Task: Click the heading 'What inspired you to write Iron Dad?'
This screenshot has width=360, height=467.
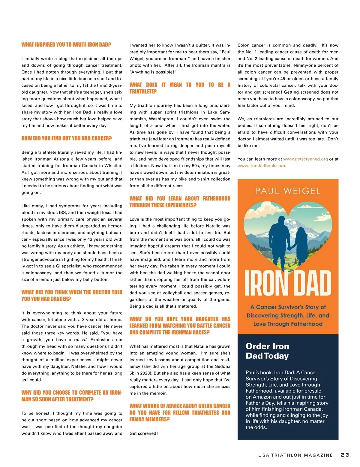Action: tap(66, 45)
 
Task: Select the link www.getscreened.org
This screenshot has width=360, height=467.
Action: tap(305, 159)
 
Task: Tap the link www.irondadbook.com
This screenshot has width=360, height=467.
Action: tap(261, 166)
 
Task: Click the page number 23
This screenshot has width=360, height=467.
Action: tap(345, 455)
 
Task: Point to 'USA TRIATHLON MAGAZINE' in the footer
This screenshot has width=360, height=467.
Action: tap(295, 455)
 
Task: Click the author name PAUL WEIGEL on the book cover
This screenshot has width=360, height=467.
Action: tap(288, 191)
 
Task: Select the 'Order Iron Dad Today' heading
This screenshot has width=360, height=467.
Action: tap(267, 351)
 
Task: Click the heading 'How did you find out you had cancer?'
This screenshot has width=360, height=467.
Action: tap(66, 138)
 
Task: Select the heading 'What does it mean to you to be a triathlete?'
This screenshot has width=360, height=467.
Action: tap(180, 88)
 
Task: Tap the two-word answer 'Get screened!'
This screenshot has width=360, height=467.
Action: tap(144, 433)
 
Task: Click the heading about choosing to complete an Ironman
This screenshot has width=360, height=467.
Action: tap(72, 396)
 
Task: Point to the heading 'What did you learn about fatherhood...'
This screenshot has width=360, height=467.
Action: tap(180, 202)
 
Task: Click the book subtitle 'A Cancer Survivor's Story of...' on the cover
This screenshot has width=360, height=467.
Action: tap(288, 315)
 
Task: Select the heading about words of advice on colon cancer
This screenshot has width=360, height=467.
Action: tap(180, 412)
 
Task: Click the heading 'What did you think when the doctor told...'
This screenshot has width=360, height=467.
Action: tap(72, 296)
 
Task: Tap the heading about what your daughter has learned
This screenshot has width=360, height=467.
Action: tap(180, 325)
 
